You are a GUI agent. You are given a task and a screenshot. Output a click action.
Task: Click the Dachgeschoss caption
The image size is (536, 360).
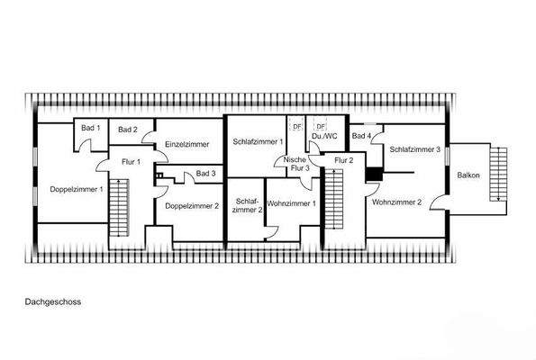53,302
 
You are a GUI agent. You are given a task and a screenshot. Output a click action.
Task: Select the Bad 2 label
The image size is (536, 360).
128,130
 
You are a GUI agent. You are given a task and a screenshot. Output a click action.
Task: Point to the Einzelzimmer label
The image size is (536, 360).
187,144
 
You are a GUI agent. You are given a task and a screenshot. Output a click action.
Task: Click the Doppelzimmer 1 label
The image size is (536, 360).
77,189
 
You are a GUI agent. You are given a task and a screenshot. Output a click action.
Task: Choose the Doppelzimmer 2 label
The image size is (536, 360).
192,205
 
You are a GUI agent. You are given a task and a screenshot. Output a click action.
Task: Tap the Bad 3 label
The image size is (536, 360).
205,173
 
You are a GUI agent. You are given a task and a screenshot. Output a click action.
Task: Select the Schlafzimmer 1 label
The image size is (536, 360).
259,141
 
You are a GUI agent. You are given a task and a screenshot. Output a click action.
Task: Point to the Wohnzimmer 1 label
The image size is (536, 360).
292,203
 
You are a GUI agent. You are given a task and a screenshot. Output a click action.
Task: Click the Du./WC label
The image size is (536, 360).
323,137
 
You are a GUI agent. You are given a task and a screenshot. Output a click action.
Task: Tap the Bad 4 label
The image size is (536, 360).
361,136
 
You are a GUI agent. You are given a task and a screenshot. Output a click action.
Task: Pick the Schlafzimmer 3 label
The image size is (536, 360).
414,149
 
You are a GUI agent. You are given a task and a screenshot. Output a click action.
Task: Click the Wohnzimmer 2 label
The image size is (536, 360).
396,202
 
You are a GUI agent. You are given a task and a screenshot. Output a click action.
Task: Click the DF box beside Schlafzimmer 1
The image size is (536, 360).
295,125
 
